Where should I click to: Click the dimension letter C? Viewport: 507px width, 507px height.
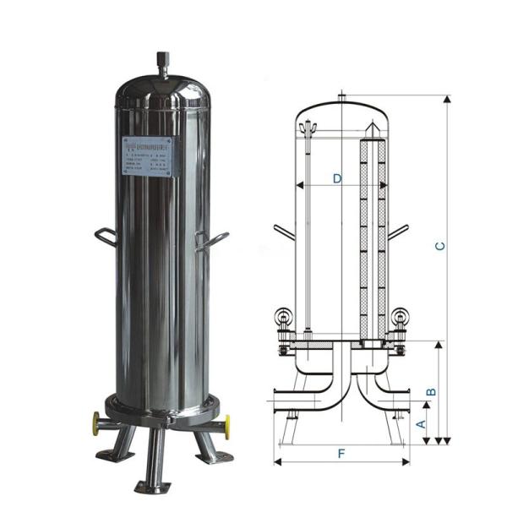(x=439, y=246)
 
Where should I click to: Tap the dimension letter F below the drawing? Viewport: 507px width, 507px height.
(x=341, y=454)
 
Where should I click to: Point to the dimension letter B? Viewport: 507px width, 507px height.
(x=430, y=391)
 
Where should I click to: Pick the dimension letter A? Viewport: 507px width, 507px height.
(x=420, y=423)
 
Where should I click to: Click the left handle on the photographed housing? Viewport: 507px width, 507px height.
(x=105, y=237)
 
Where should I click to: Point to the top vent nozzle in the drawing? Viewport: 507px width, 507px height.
(x=341, y=95)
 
